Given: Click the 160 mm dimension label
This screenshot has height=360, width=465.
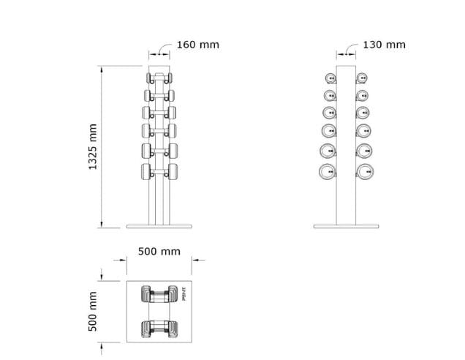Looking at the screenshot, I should [197, 45].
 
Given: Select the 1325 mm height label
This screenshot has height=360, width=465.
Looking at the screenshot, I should [93, 146].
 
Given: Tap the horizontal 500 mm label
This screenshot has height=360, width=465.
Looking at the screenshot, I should [159, 252].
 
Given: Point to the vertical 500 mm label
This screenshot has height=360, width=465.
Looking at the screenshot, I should [93, 312].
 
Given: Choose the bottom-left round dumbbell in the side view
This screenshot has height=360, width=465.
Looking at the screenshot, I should [328, 172].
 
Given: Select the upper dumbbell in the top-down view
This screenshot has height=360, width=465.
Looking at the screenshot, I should [159, 294].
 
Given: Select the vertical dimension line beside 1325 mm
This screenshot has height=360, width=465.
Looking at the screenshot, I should [101, 146].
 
